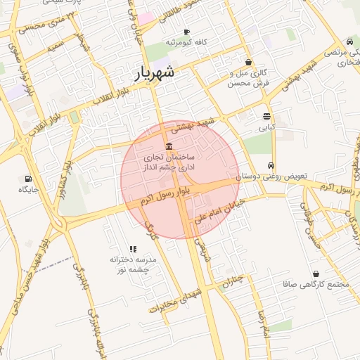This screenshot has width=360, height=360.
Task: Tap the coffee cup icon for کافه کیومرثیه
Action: coord(186,32)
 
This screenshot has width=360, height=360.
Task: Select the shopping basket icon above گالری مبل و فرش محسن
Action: coord(248,62)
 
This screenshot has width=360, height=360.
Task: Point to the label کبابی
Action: coord(267,128)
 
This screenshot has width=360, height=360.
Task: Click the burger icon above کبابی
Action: coord(266,117)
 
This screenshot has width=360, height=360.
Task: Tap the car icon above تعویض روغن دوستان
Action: coord(271,166)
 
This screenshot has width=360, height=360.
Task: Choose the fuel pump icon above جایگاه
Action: coord(28,179)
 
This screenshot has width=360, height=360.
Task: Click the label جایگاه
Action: coord(28,189)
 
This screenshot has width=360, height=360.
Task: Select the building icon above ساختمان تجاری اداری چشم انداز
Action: coord(168,146)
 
